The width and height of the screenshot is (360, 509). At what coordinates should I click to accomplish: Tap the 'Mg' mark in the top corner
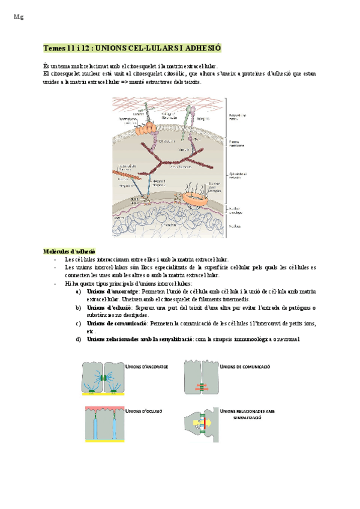[17, 17]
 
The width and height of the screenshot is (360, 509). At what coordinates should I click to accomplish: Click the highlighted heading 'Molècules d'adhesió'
[69, 250]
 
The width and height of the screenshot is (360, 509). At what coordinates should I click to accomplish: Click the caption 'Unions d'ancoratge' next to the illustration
[146, 366]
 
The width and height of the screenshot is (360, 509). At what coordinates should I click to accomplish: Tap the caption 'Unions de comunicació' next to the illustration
[245, 366]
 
